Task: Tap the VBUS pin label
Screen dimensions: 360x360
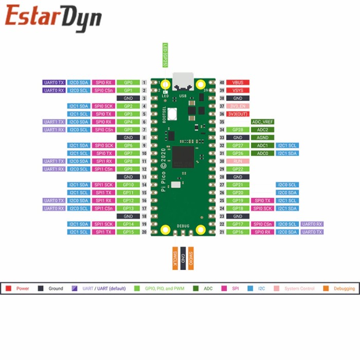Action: point(238,82)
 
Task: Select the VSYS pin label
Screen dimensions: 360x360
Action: point(238,90)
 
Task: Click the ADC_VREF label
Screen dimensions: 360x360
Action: point(262,122)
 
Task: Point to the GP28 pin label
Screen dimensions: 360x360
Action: point(238,130)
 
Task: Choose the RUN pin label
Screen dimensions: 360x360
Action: point(238,161)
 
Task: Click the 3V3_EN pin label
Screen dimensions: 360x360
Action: point(238,106)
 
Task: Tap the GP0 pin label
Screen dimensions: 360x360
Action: point(128,82)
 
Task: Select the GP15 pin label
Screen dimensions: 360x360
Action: point(128,232)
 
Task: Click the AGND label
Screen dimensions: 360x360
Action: point(262,137)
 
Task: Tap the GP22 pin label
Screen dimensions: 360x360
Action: point(238,169)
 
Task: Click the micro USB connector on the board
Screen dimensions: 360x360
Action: point(183,80)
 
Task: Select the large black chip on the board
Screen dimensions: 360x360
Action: point(183,156)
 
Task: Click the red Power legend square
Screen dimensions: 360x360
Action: point(8,289)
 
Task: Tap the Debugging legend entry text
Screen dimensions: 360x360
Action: point(344,289)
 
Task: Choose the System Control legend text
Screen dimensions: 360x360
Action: point(299,289)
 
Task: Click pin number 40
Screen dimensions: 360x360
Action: point(222,82)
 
